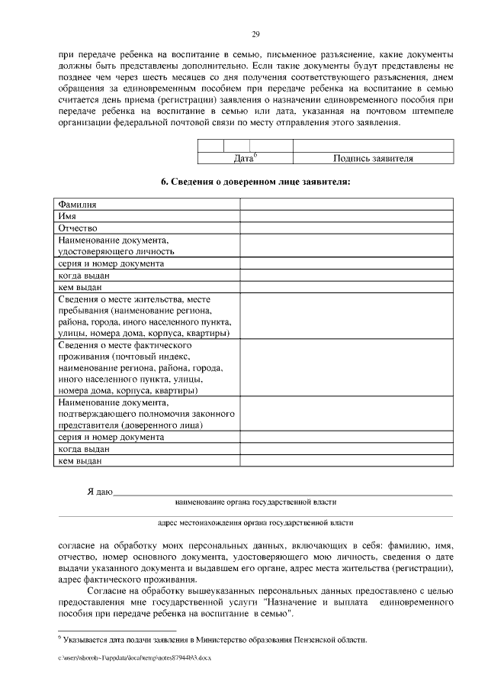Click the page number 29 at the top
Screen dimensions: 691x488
point(256,34)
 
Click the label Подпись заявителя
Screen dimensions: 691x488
point(373,159)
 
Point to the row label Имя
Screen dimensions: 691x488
point(67,216)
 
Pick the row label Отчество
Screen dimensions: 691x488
point(78,228)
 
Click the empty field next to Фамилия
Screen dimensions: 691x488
point(346,205)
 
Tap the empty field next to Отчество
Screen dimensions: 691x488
point(346,228)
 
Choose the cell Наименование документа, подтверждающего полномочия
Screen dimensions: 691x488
point(136,414)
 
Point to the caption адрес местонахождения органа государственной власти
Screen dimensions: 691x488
point(255,523)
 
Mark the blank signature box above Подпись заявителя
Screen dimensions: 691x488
point(373,146)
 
